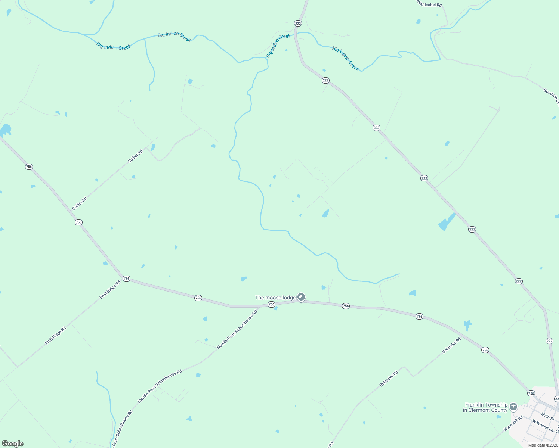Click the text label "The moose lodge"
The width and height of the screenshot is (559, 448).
[x=275, y=298]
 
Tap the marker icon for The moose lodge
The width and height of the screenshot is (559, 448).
[x=301, y=297]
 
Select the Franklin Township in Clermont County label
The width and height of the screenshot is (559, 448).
[x=485, y=407]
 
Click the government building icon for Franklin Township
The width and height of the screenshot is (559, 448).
[x=513, y=407]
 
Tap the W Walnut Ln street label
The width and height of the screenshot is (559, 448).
[x=543, y=426]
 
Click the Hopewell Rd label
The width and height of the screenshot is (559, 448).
[x=513, y=424]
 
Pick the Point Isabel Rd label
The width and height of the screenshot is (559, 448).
[x=429, y=4]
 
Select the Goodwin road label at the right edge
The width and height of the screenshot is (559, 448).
[x=551, y=97]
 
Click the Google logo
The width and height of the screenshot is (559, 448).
[x=13, y=444]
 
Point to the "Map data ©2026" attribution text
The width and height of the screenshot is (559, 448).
[x=543, y=445]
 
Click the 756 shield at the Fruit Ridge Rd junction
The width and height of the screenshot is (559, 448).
[x=126, y=279]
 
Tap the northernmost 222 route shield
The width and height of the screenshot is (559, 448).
[x=298, y=23]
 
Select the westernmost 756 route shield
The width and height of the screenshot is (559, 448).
[x=29, y=167]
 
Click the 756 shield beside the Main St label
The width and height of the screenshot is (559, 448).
[x=531, y=393]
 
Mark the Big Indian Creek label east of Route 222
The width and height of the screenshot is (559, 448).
[x=346, y=59]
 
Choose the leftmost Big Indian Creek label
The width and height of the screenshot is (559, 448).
[x=114, y=46]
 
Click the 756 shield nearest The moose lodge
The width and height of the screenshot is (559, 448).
[x=271, y=305]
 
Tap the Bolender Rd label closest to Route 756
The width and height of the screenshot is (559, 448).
[x=451, y=345]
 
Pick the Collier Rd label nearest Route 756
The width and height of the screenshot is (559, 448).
[x=80, y=203]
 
